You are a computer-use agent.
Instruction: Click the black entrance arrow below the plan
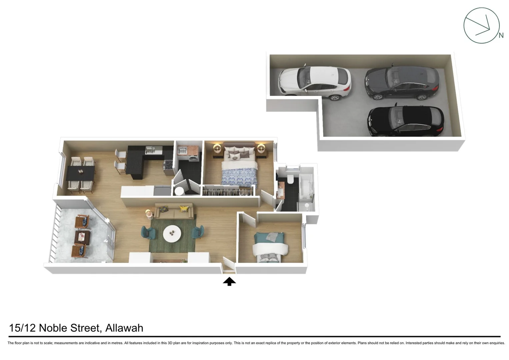229,282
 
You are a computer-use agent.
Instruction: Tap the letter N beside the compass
501,35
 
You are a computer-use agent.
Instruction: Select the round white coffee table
172,233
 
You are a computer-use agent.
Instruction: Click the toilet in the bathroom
290,179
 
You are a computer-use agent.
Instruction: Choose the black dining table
81,173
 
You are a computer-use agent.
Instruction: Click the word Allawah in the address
124,328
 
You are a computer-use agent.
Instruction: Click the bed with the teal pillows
270,247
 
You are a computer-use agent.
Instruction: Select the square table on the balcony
82,237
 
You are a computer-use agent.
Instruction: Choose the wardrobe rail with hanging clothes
228,192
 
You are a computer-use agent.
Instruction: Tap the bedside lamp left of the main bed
217,148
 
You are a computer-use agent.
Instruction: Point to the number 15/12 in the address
22,328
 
